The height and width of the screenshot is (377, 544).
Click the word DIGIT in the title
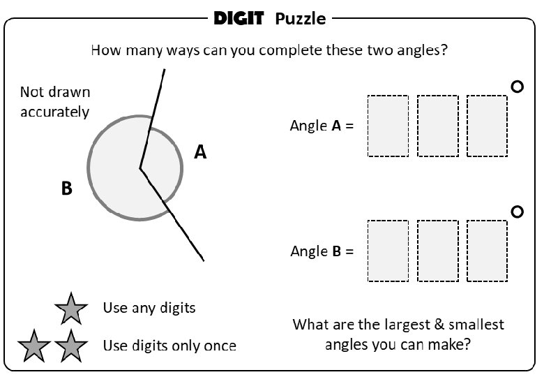(x=239, y=18)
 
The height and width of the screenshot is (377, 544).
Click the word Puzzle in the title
(x=300, y=19)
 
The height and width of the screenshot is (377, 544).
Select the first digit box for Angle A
(x=388, y=126)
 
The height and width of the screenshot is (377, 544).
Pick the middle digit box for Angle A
(x=437, y=126)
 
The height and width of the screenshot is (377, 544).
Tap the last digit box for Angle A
(x=487, y=126)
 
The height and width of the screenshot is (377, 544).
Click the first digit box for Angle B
(x=388, y=251)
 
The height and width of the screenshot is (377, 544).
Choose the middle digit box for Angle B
(x=437, y=251)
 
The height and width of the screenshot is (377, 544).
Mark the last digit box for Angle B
(x=487, y=251)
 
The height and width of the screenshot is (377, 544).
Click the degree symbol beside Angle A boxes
(x=517, y=87)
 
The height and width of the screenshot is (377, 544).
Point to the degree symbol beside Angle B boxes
(x=517, y=212)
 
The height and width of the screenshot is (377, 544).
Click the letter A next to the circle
(x=200, y=151)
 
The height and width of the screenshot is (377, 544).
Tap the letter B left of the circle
(x=67, y=188)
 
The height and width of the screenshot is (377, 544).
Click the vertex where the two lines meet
(x=140, y=168)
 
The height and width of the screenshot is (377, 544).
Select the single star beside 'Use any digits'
(x=71, y=308)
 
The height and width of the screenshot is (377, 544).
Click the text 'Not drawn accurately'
(x=55, y=102)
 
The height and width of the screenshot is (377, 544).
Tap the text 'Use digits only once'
(x=169, y=345)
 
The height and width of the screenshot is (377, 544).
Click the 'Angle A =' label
(x=322, y=126)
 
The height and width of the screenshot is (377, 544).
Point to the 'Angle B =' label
(x=322, y=251)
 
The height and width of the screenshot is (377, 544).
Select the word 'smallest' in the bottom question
(x=476, y=325)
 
